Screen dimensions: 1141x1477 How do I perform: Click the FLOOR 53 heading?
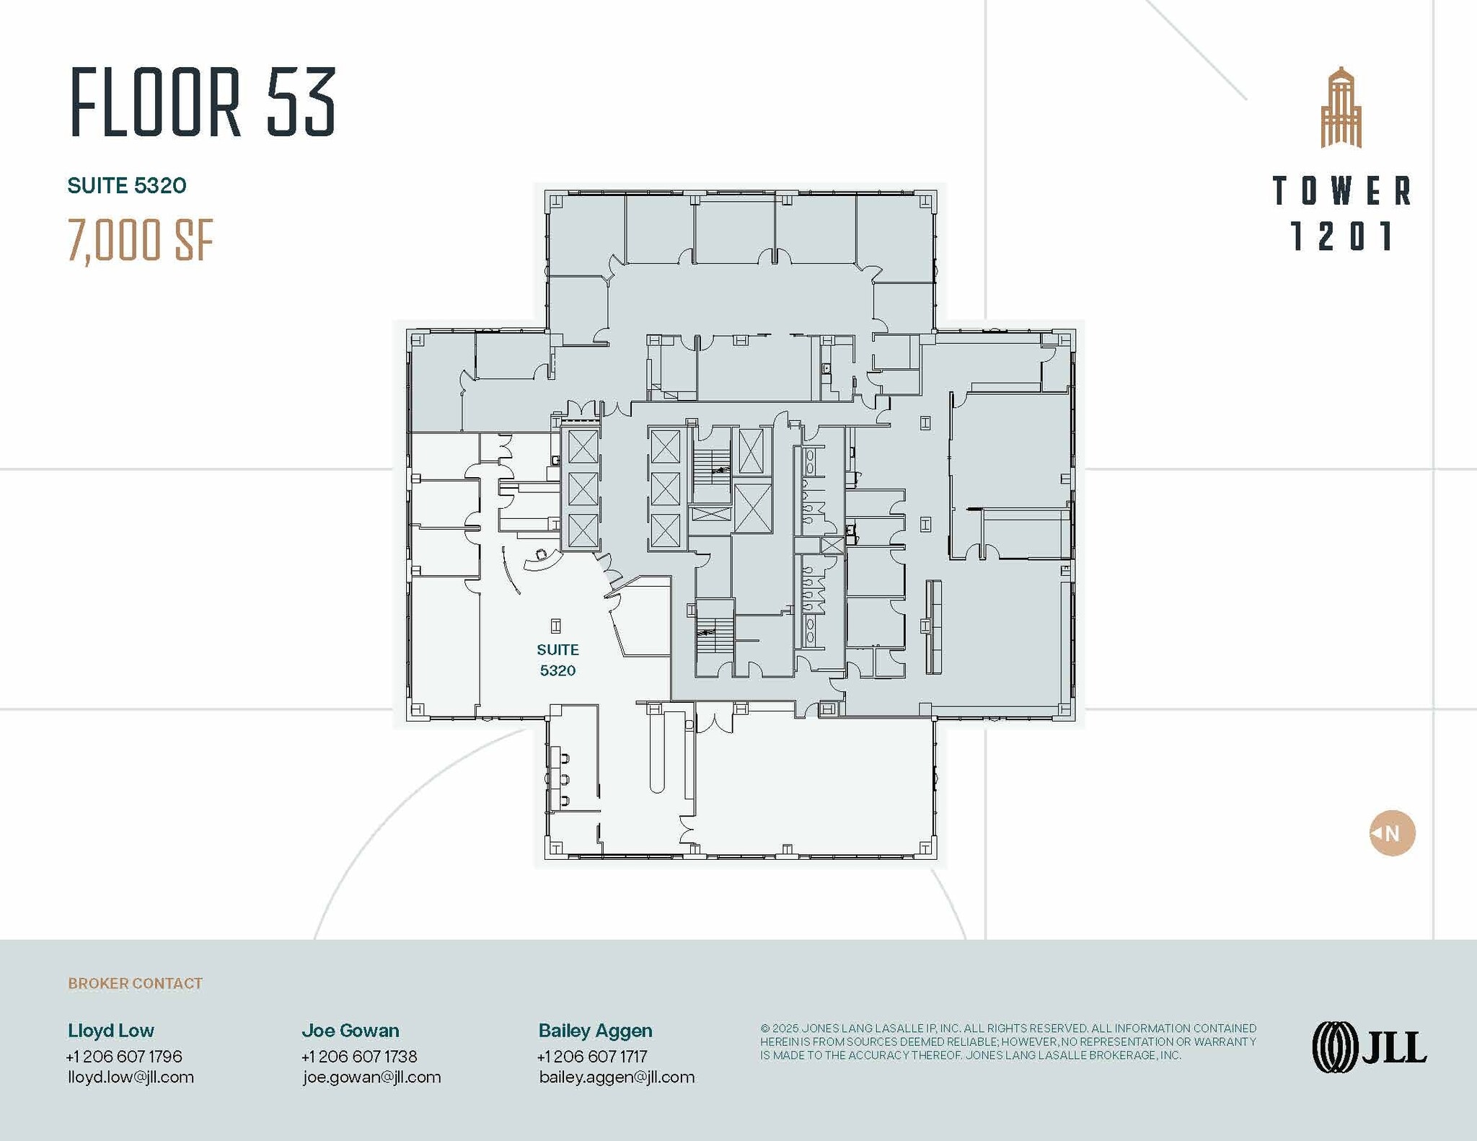(x=203, y=102)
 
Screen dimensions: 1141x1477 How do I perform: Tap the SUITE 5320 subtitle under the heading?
(x=127, y=186)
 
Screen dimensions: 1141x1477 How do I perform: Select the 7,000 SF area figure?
(x=141, y=241)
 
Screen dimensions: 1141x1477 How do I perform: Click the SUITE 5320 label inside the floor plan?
(x=557, y=660)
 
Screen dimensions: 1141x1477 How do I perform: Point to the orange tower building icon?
(x=1341, y=108)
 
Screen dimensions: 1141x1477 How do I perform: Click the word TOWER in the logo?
(x=1341, y=191)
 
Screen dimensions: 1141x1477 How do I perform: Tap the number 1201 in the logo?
(x=1341, y=236)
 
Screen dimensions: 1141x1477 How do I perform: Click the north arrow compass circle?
(x=1392, y=833)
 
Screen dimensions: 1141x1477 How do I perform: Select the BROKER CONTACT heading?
(x=135, y=983)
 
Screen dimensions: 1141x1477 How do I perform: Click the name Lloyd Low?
(x=111, y=1030)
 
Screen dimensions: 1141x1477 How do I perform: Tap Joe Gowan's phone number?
(x=359, y=1056)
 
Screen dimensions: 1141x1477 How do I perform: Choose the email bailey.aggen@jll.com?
(x=617, y=1077)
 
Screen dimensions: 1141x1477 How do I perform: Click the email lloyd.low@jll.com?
(x=131, y=1077)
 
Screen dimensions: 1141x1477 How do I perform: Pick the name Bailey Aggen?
(x=595, y=1030)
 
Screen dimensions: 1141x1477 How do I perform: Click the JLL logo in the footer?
(x=1369, y=1047)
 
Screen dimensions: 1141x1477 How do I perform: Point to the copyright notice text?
(x=1008, y=1042)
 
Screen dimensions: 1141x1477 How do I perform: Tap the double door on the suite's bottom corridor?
(x=714, y=720)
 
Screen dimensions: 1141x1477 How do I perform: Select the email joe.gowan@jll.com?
(x=371, y=1077)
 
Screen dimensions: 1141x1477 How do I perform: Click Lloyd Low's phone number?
(x=124, y=1056)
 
